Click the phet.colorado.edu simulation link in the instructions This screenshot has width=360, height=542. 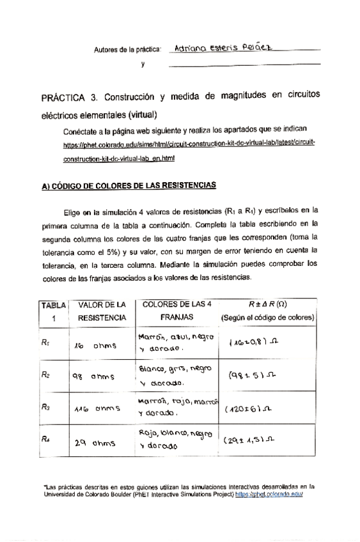coord(189,150)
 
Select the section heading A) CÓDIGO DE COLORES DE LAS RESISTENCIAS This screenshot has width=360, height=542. coord(129,187)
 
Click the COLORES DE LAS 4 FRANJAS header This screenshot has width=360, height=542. coord(176,310)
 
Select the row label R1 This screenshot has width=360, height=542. coord(45,342)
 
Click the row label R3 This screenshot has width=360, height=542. coord(45,406)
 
